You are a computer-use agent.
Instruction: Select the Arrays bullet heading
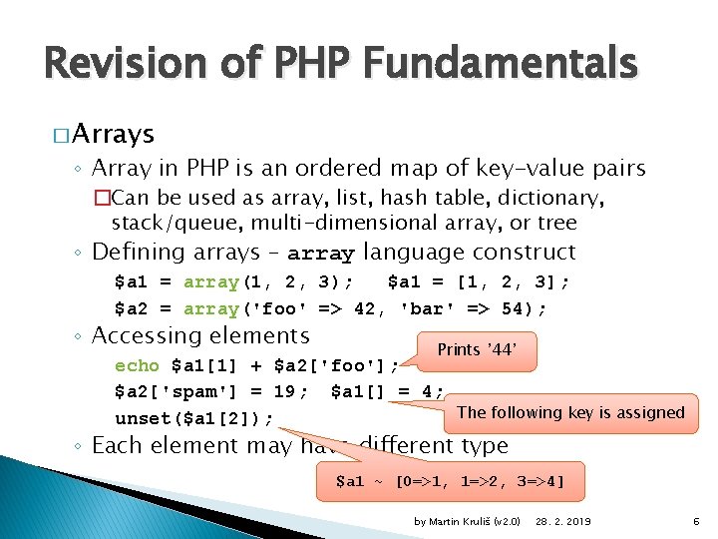point(113,133)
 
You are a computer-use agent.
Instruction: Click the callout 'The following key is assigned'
point(570,412)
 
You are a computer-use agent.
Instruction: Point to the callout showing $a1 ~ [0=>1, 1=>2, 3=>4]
point(450,482)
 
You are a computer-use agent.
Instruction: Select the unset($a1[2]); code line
point(195,417)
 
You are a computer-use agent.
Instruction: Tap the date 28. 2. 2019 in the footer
point(563,522)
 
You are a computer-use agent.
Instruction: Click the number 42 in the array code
point(366,308)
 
